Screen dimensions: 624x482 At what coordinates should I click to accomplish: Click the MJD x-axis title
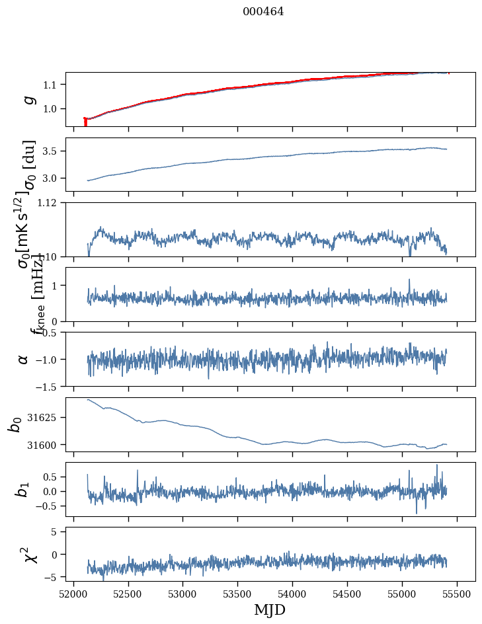tap(270, 609)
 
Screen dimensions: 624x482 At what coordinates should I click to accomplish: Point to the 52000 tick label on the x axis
tap(73, 593)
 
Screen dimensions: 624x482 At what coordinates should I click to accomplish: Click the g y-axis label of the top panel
tap(28, 99)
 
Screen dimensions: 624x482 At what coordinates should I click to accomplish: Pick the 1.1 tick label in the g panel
tap(53, 85)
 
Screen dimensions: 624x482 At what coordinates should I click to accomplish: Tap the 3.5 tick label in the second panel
tap(53, 151)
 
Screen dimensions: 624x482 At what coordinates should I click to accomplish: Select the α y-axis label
tap(24, 359)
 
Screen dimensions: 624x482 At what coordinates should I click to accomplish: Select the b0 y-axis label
tap(15, 424)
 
